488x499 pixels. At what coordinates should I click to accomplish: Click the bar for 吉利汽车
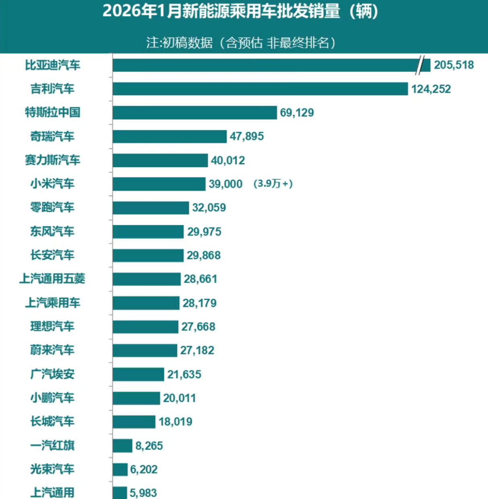coord(260,89)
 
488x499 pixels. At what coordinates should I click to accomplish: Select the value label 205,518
coord(454,65)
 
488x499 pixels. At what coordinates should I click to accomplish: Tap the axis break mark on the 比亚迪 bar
coord(420,65)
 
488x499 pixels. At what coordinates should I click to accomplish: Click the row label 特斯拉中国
coord(53,112)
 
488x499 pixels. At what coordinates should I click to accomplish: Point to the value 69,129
coord(297,113)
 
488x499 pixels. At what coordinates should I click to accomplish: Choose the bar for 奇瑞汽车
coord(170,136)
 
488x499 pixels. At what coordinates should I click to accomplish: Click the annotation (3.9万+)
coord(273,184)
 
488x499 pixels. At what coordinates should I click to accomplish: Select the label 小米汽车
coord(53,184)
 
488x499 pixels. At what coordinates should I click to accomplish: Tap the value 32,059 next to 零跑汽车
coord(209,208)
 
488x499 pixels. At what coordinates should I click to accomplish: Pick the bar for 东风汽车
coord(148,232)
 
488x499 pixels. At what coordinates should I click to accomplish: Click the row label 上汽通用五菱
coord(52,278)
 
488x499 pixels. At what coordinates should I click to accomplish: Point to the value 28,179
coord(199,303)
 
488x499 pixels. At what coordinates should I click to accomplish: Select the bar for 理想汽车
coord(145,327)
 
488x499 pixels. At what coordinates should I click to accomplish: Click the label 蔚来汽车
coord(53,350)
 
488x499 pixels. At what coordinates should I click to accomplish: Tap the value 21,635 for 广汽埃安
coord(184,374)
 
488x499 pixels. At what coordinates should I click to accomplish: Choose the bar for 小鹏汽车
coord(136,398)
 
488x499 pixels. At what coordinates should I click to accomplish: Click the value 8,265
coord(149,446)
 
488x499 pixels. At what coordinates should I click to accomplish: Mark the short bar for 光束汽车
coord(120,470)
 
